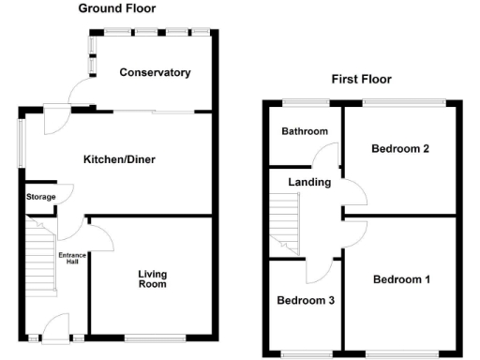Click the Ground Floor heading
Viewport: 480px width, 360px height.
[117, 8]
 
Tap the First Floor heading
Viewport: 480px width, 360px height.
[361, 79]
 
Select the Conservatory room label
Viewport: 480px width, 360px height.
[155, 72]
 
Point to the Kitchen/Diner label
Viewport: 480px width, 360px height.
[118, 159]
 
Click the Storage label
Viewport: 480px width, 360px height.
[40, 197]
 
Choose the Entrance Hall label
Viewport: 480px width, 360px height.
[72, 259]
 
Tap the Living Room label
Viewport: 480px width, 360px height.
[152, 278]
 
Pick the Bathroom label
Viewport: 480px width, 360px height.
[305, 131]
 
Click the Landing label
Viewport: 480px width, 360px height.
[309, 182]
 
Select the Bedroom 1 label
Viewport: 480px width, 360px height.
[401, 279]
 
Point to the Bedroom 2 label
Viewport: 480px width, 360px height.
[400, 148]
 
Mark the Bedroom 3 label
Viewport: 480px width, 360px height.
[306, 301]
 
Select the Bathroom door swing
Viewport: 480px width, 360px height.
[328, 155]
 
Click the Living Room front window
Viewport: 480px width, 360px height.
[155, 337]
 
